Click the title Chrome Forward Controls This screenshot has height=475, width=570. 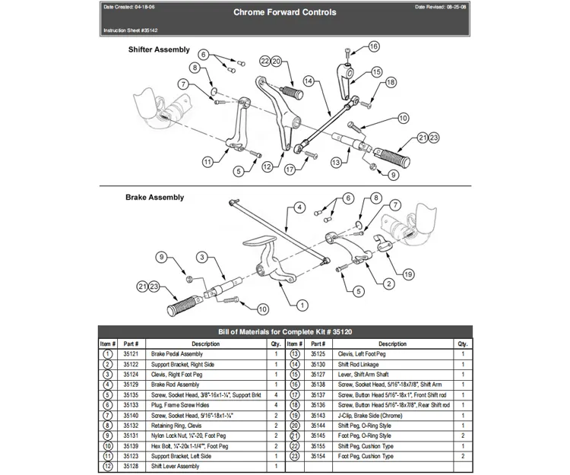tap(284, 13)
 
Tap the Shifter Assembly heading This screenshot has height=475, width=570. tap(158, 49)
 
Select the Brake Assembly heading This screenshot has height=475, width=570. tap(154, 198)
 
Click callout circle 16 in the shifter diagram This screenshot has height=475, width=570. tap(373, 46)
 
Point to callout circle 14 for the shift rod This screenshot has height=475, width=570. tap(309, 80)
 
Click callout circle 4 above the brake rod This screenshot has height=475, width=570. tap(299, 207)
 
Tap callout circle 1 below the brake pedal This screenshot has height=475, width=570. tap(302, 305)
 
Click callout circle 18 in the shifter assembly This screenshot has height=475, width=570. tap(391, 82)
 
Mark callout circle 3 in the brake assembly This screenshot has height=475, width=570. tap(201, 257)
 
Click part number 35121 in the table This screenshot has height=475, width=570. tap(130, 354)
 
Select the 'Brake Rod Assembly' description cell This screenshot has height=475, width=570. tap(176, 385)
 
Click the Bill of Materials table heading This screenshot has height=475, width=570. tap(285, 331)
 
